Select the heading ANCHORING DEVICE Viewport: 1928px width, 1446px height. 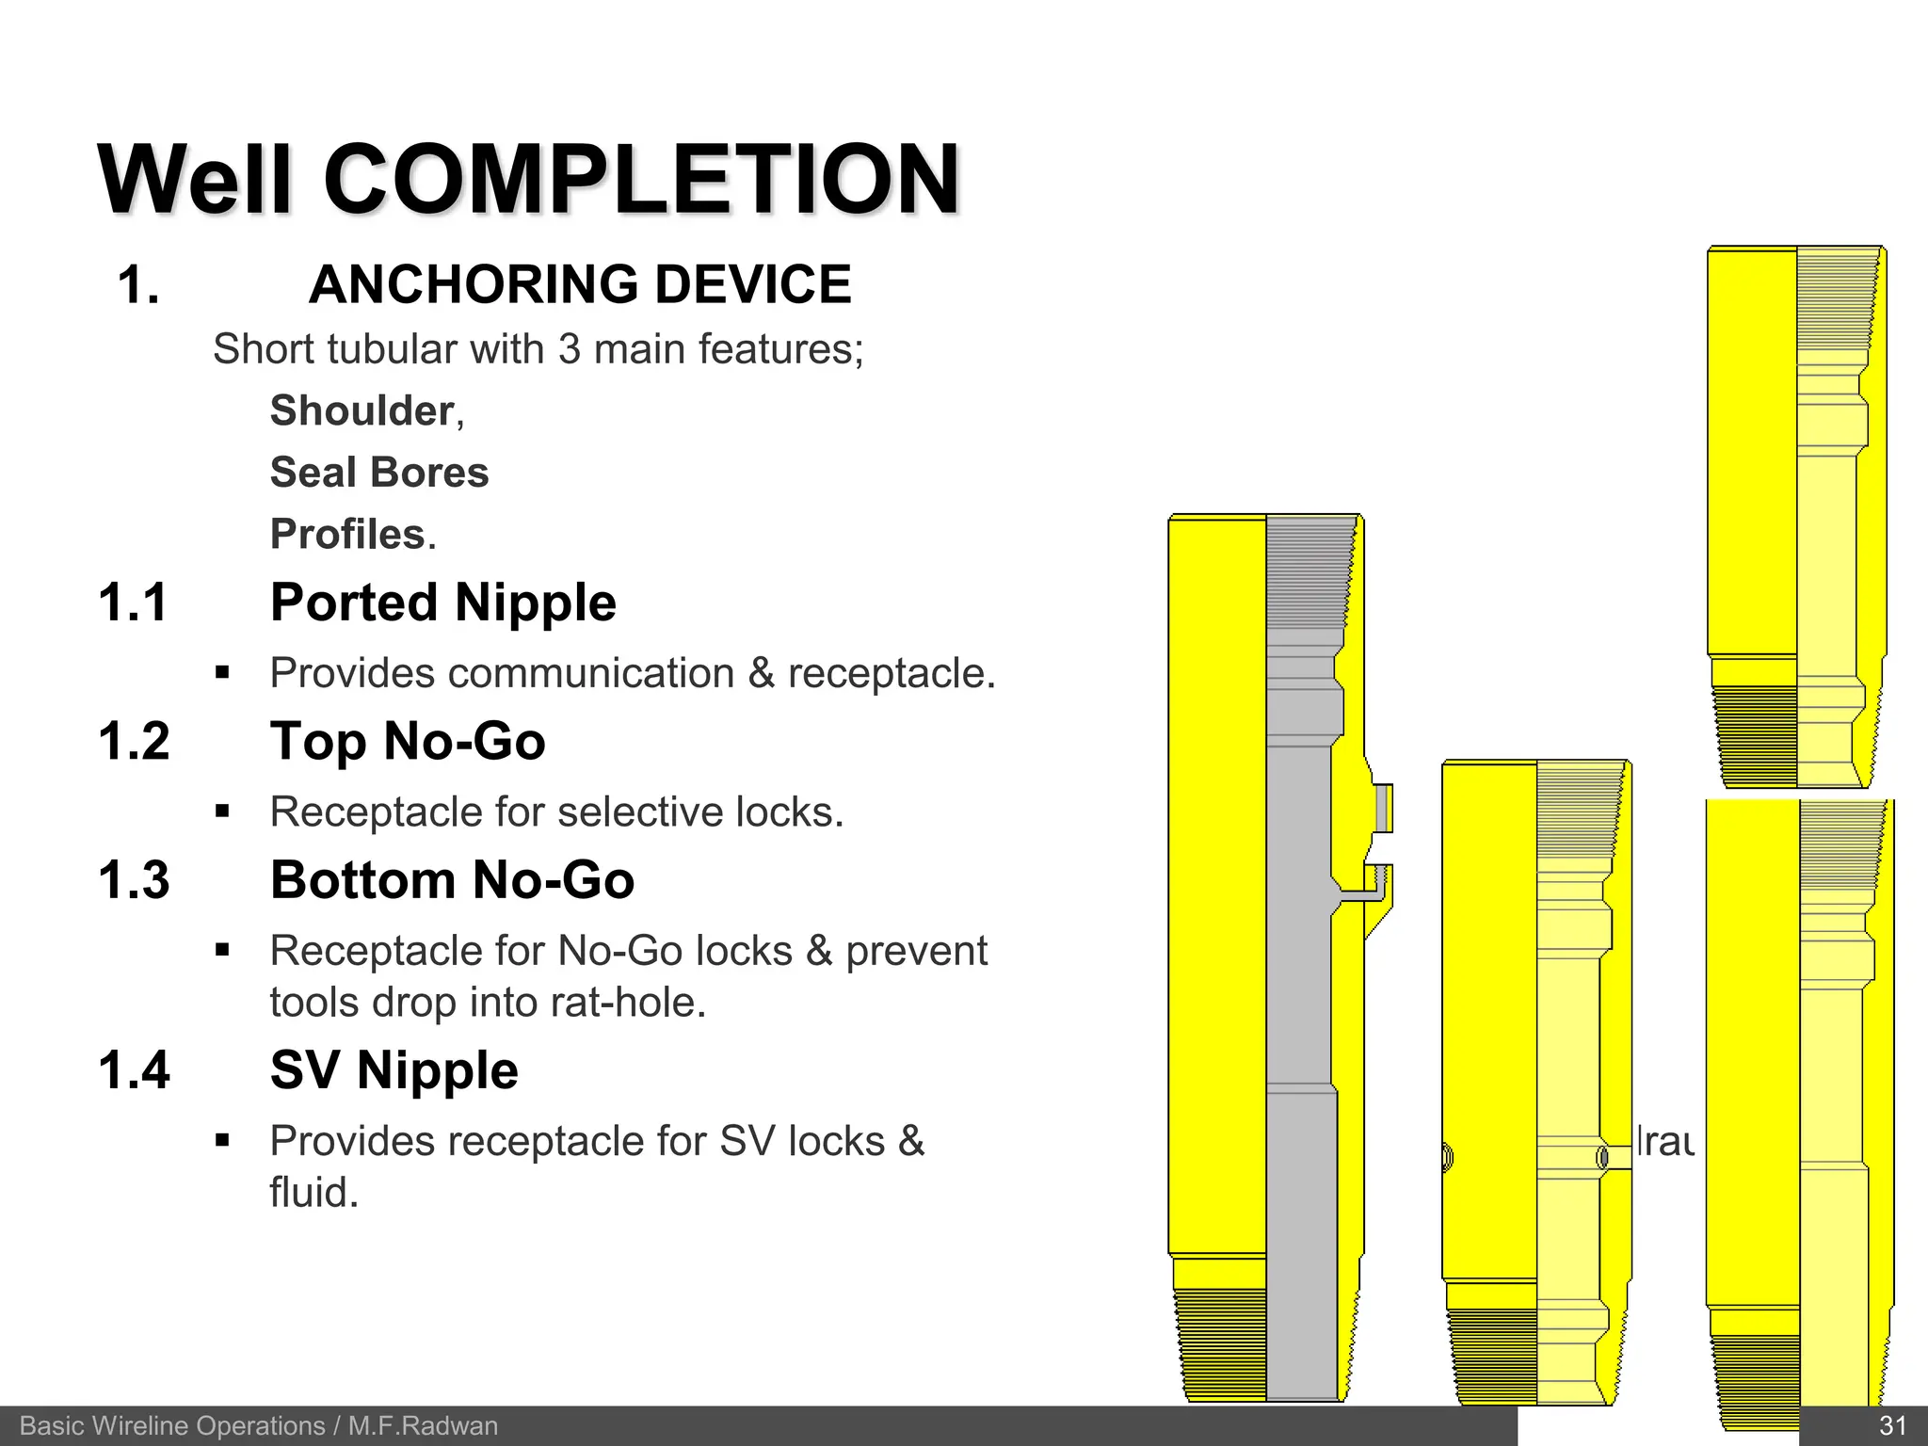pos(580,284)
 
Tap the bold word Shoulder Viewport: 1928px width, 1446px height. pos(362,411)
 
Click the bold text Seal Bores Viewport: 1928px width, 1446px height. pos(379,473)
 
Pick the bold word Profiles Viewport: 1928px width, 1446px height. pos(348,535)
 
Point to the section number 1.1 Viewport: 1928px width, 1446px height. pos(133,602)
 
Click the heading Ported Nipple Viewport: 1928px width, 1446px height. pos(442,602)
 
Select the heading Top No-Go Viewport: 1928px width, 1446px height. pos(408,741)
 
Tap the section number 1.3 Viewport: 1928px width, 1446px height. pos(134,880)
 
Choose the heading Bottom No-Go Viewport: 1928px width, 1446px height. pos(452,880)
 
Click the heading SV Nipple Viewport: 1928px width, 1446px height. pos(394,1070)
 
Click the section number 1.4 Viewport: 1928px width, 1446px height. pos(134,1070)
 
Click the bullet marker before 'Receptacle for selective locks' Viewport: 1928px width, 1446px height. pos(222,811)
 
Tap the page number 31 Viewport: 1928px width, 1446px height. pos(1892,1426)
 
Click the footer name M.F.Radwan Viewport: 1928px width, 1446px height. pos(423,1426)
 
